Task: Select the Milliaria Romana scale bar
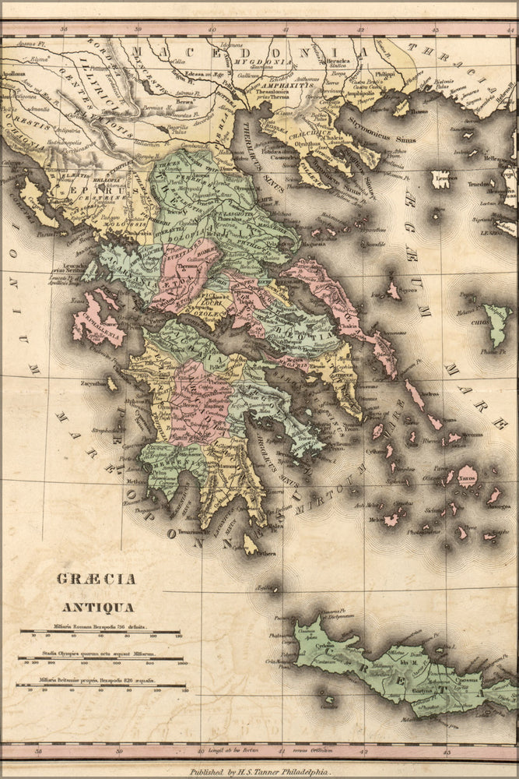(x=100, y=632)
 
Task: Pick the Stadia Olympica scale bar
(x=100, y=658)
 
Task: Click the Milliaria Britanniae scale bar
(x=100, y=686)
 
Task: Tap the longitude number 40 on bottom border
(x=202, y=751)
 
